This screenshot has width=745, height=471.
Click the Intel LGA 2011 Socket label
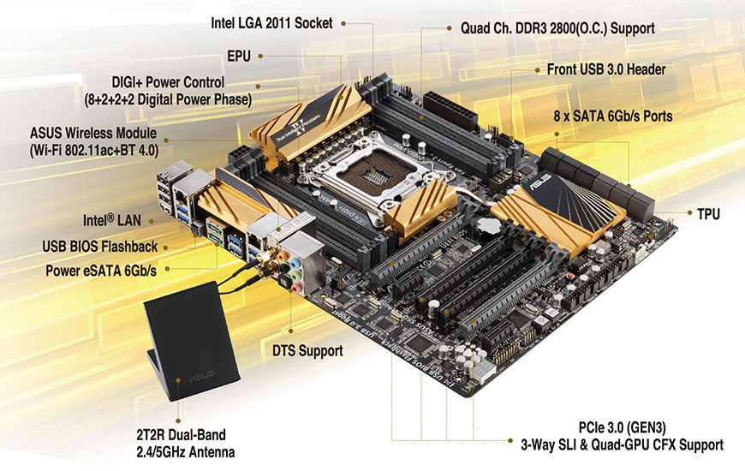(271, 23)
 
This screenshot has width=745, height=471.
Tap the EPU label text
(239, 56)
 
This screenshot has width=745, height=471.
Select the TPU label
(708, 214)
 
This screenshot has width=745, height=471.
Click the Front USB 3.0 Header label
(606, 69)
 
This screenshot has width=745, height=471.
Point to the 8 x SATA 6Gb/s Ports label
(613, 116)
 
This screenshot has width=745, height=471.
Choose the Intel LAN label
(112, 220)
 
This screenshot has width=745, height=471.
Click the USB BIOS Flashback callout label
(100, 246)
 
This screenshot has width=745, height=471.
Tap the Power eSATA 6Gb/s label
(101, 271)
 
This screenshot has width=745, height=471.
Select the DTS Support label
(307, 351)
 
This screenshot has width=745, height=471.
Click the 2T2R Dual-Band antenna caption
(185, 444)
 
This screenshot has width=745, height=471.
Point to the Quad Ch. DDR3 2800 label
(557, 28)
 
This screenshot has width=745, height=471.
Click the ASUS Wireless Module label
(93, 141)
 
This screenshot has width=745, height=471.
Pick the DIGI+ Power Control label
(168, 90)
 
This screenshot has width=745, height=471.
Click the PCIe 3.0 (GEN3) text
(622, 427)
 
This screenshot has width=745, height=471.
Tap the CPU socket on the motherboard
(378, 175)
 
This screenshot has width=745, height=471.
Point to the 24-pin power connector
(450, 110)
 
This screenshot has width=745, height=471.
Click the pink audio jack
(297, 287)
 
